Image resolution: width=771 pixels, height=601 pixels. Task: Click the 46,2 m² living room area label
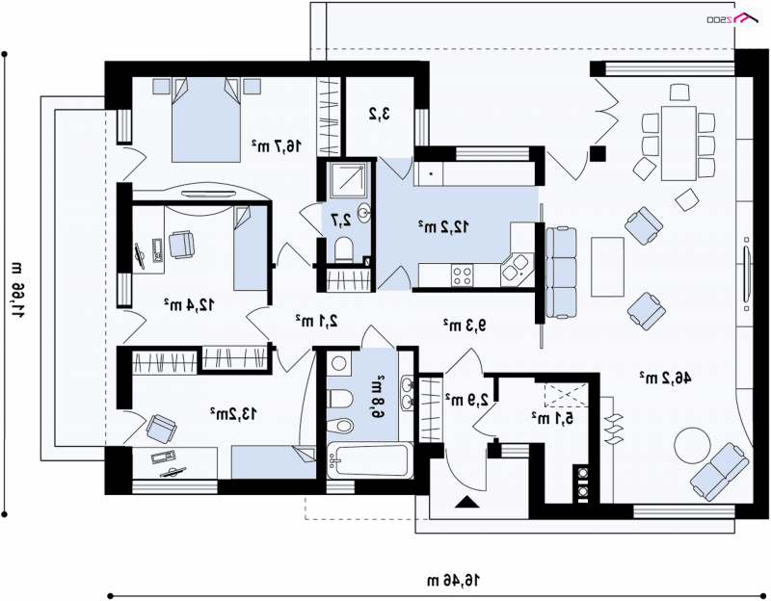coord(665,378)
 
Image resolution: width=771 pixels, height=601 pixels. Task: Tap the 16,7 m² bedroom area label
coord(276,145)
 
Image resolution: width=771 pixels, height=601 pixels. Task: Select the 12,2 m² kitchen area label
coord(443,226)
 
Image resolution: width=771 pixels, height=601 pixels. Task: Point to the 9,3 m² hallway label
coord(465,324)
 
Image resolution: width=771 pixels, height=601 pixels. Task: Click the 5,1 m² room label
coord(552,418)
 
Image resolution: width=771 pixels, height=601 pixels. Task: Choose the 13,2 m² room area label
coord(233,413)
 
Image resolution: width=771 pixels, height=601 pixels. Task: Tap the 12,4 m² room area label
coord(189,304)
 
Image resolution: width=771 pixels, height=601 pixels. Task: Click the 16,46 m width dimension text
coord(453,581)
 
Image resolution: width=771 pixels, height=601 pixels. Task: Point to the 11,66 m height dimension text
coord(17,290)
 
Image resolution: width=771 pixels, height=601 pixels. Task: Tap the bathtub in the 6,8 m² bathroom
coord(370,460)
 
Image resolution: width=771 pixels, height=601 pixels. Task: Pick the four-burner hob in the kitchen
coord(463,275)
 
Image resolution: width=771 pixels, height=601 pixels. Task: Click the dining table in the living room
coord(678,143)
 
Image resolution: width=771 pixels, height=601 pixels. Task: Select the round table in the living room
coord(692,445)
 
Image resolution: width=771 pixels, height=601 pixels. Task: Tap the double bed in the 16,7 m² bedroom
coord(206,119)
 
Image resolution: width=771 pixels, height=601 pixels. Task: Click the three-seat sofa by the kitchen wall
coord(561,273)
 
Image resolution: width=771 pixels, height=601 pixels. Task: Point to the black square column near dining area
coord(598,153)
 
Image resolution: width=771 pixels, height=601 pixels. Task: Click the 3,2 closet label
coord(379,114)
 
